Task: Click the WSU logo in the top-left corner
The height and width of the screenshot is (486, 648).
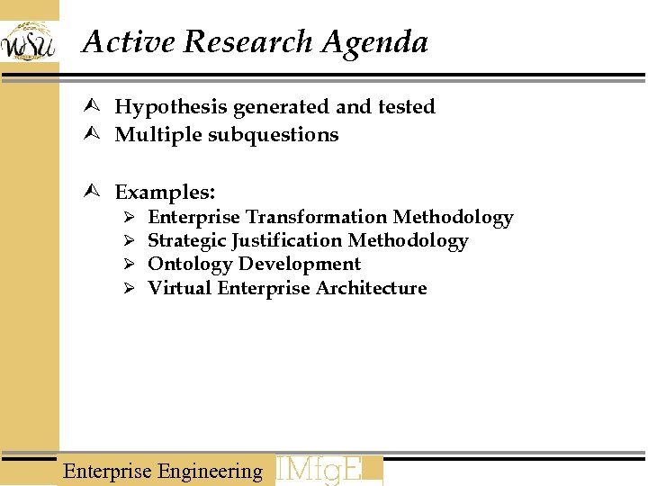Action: (28, 41)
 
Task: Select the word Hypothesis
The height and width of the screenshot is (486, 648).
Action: (170, 107)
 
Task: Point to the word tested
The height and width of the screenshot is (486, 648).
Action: (406, 107)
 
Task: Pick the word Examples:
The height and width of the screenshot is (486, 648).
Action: (165, 193)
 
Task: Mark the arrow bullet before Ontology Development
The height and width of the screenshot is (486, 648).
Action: (129, 265)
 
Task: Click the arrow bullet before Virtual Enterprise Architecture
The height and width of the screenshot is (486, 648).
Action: (129, 289)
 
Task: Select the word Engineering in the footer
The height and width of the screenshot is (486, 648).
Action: (210, 471)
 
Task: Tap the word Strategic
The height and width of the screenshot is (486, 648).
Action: (186, 240)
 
